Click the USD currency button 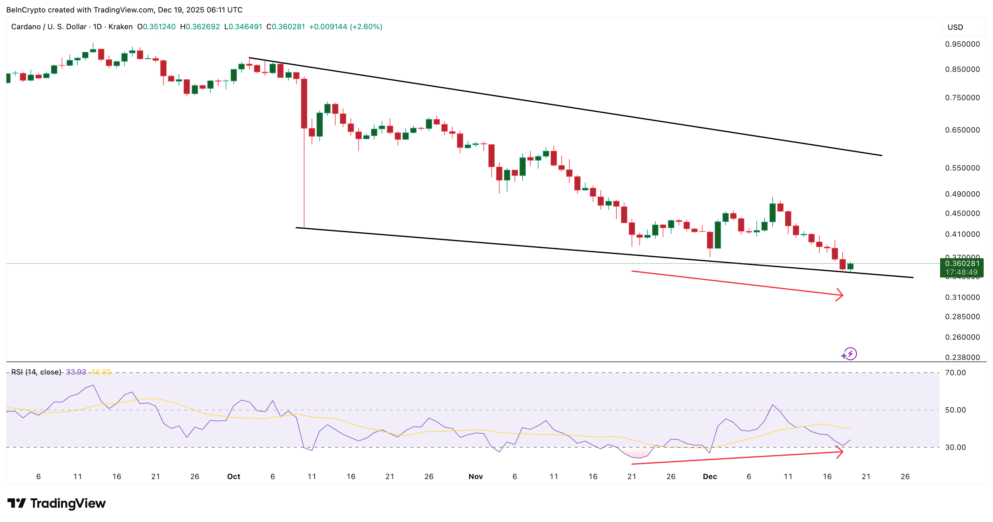pyautogui.click(x=955, y=27)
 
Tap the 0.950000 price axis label pyautogui.click(x=962, y=44)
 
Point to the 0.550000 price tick pyautogui.click(x=962, y=168)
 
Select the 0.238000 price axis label pyautogui.click(x=962, y=357)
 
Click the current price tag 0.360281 pyautogui.click(x=962, y=263)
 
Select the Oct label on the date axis pyautogui.click(x=233, y=477)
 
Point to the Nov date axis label pyautogui.click(x=476, y=477)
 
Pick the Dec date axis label pyautogui.click(x=710, y=477)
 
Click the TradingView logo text pyautogui.click(x=68, y=504)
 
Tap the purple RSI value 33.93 pyautogui.click(x=76, y=372)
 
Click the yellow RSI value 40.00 pyautogui.click(x=101, y=372)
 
